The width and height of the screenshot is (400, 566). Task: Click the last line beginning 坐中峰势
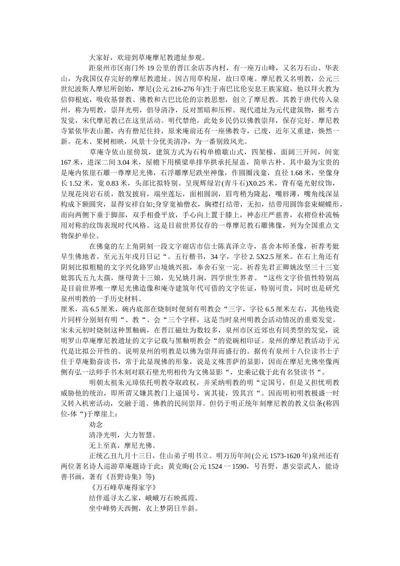tap(143, 508)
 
